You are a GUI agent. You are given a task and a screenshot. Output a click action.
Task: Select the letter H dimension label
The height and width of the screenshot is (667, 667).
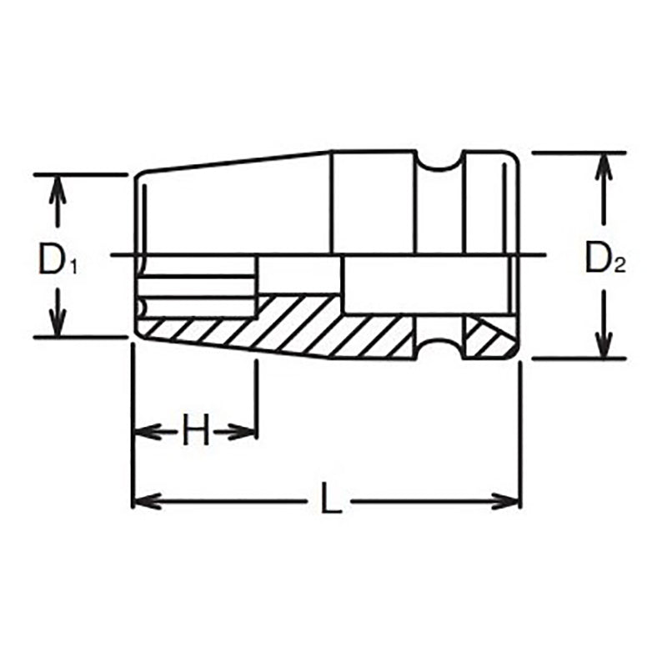[x=194, y=432]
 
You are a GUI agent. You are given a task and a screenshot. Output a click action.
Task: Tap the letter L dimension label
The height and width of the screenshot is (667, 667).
[x=330, y=501]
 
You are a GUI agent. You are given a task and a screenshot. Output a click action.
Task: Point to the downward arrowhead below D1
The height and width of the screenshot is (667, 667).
[x=57, y=325]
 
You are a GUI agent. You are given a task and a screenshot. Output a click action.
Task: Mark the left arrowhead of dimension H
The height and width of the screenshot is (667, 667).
[x=143, y=431]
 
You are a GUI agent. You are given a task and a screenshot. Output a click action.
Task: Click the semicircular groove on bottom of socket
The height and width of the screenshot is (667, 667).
[x=439, y=349]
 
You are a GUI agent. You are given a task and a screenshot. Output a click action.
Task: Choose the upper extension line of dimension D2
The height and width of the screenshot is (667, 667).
[x=567, y=153]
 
